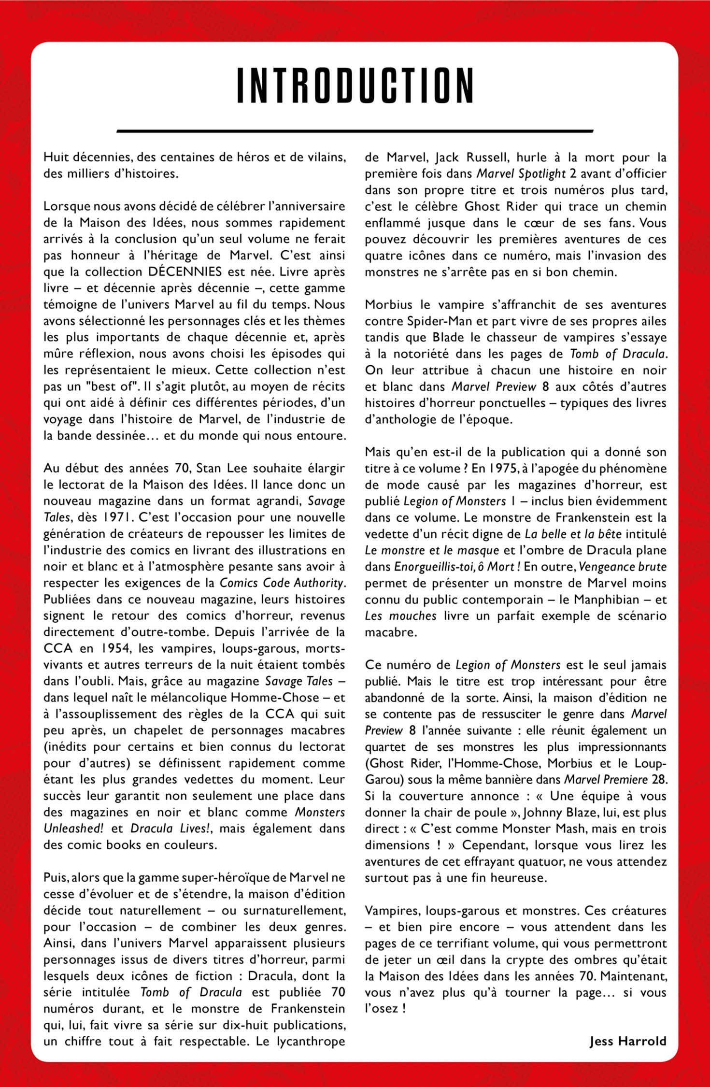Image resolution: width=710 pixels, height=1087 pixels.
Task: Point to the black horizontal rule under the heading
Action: (355, 131)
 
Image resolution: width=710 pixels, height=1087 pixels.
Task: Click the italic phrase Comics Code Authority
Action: (282, 583)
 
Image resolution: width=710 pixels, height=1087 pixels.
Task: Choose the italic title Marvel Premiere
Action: (606, 779)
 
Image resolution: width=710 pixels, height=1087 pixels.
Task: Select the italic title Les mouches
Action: (400, 616)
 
